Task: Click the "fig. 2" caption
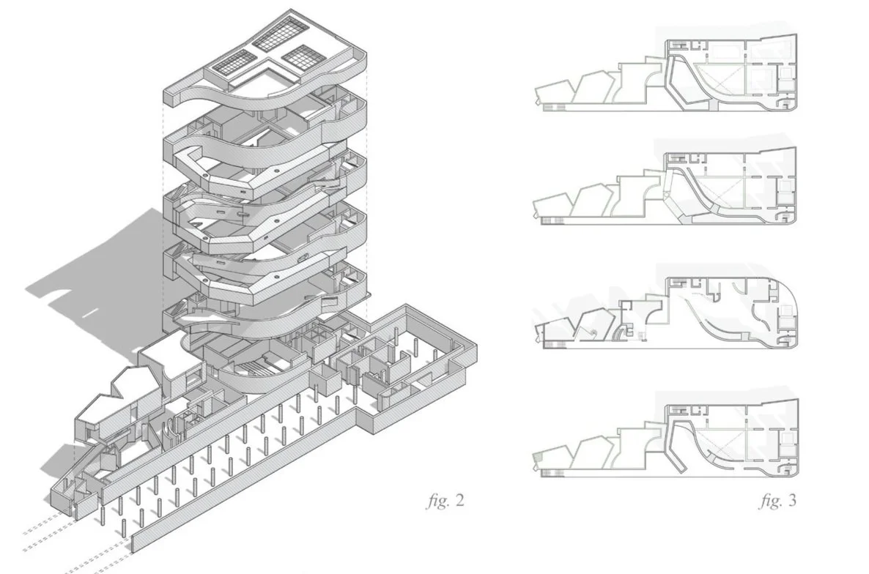[445, 502]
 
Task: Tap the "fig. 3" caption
[777, 502]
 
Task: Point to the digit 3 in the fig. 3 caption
[791, 502]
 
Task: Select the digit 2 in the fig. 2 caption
[459, 502]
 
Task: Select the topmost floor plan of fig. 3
[667, 73]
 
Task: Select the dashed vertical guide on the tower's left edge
[162, 220]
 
